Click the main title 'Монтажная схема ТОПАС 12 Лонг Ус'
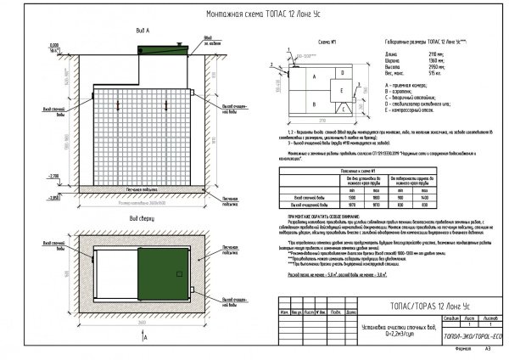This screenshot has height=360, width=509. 255,15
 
